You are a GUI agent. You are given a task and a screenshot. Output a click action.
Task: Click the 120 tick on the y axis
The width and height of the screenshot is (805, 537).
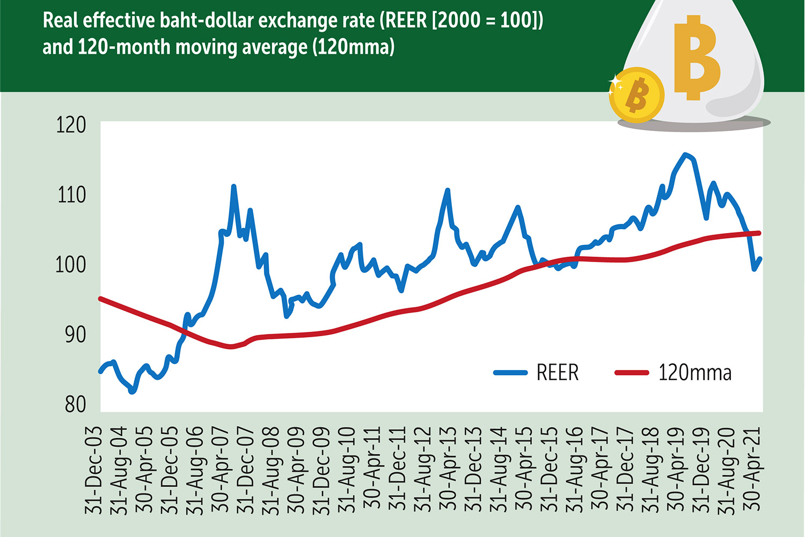[x=71, y=125]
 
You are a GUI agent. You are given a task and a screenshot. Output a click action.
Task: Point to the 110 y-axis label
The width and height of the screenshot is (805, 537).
[x=71, y=194]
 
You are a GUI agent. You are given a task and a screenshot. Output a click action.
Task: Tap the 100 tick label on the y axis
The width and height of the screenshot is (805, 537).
[x=71, y=264]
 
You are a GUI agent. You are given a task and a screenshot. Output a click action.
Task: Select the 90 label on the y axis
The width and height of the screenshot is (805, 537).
[x=75, y=334]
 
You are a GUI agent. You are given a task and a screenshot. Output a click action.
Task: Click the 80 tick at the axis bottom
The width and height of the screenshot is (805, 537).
[x=75, y=404]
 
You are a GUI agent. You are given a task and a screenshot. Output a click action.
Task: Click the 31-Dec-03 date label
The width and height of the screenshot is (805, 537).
[x=93, y=470]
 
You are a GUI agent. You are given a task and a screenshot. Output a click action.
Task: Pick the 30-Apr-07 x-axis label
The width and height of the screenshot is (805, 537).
[x=220, y=470]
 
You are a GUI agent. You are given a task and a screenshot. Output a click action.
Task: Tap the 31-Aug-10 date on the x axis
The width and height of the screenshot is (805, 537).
[x=347, y=470]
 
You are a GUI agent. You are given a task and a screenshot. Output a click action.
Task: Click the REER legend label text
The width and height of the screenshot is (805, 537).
[x=558, y=373]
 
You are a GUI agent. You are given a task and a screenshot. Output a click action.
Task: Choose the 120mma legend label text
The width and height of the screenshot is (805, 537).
[x=694, y=373]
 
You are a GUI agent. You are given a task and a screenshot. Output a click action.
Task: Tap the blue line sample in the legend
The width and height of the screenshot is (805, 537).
[x=510, y=372]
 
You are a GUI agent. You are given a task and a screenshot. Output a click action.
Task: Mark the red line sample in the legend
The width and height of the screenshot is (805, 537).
[x=632, y=372]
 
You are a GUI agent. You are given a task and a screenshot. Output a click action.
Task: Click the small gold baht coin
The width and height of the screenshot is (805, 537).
[x=636, y=95]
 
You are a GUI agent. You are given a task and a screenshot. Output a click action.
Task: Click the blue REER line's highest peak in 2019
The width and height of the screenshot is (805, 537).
[x=685, y=154]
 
